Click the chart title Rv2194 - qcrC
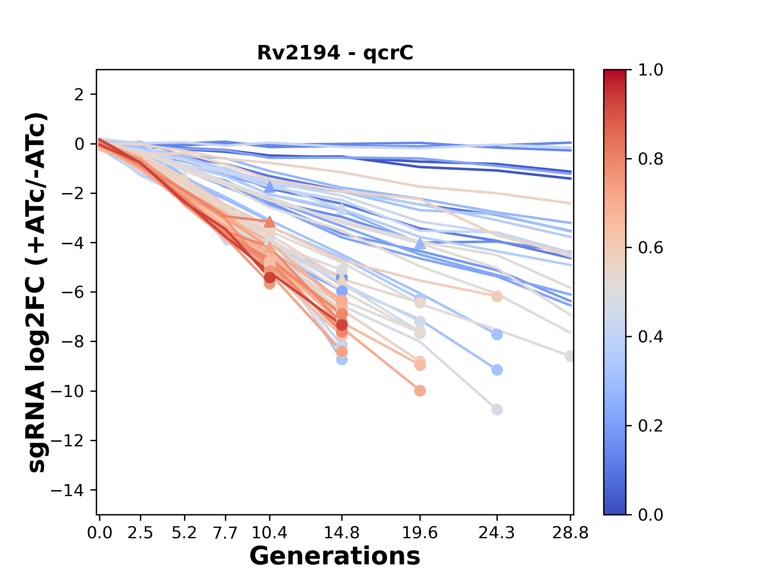[x=335, y=53]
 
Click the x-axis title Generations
[x=335, y=556]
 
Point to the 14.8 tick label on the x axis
[x=342, y=533]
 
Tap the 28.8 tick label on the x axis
[x=570, y=533]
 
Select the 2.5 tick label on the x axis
[x=140, y=533]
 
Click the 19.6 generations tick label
[x=420, y=533]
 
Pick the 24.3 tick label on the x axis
[x=497, y=533]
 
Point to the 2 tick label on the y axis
[x=79, y=95]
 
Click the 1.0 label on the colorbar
[x=650, y=70]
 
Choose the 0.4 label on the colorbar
[x=650, y=337]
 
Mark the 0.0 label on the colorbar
[x=650, y=515]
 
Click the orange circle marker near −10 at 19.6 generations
[x=420, y=391]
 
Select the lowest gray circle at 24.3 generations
[x=497, y=410]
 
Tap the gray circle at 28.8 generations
[x=570, y=356]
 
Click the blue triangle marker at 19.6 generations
[x=420, y=243]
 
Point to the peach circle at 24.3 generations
[x=497, y=297]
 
